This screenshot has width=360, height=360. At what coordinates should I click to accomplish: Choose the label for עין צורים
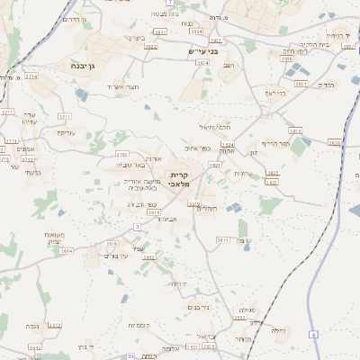tap(115, 257)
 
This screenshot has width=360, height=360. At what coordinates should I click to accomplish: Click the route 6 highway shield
tap(314, 334)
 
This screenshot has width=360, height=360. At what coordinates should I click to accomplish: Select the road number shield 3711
tap(64, 117)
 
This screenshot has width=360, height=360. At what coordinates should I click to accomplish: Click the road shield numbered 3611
tap(223, 240)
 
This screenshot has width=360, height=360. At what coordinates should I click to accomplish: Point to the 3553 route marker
tap(239, 318)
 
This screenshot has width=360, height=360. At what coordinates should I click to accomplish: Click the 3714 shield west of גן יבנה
tap(31, 76)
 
